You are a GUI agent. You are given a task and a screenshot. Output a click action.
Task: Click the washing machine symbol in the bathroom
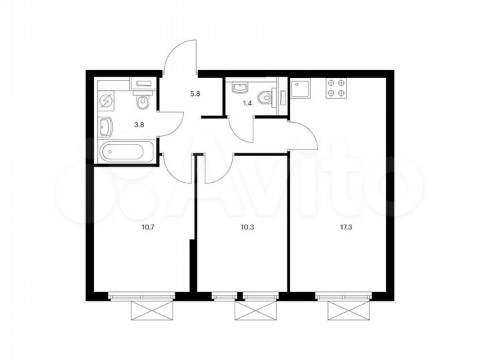(x=107, y=101)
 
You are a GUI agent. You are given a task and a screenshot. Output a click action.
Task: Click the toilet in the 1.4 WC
(x=269, y=97)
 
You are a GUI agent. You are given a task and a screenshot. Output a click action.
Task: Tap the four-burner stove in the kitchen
(x=335, y=89)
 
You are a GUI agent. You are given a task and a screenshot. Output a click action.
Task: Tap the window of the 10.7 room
(x=143, y=295)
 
